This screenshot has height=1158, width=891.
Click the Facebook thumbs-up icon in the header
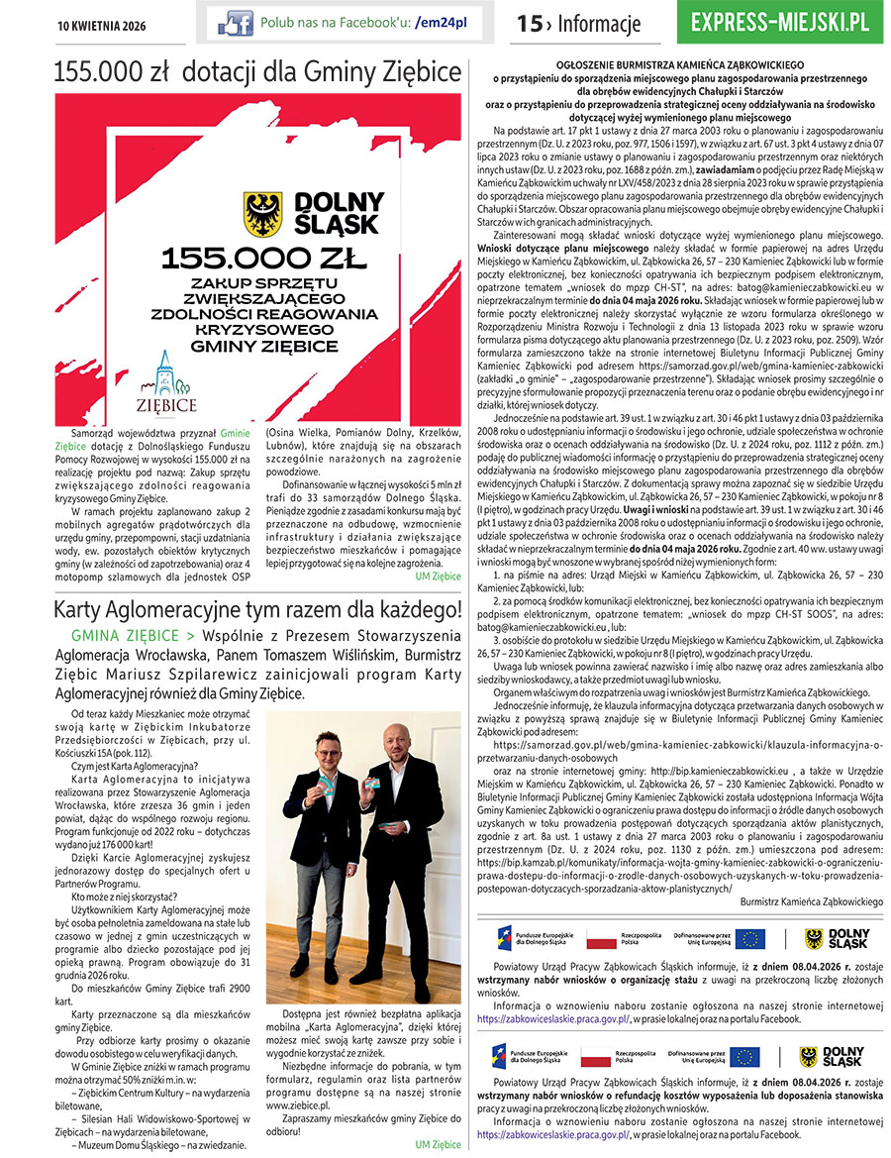coord(235,22)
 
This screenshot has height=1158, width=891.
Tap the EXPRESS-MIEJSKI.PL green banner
coord(780,22)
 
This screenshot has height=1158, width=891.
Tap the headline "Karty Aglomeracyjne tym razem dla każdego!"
coord(257,607)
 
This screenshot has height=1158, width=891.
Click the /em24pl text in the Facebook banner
coord(442,22)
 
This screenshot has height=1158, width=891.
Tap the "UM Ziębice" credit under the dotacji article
coord(438,576)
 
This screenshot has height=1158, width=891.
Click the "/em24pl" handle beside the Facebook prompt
coord(442,22)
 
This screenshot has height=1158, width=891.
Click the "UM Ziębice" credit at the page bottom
coord(438,1144)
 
